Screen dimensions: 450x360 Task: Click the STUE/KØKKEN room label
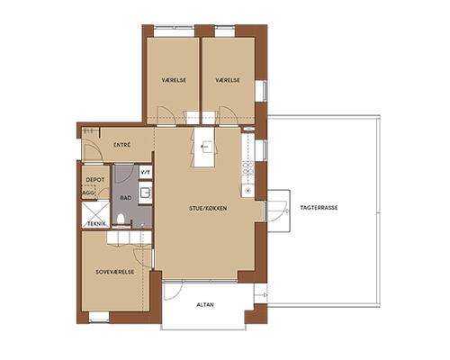click(x=208, y=208)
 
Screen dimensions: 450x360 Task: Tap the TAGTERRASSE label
click(x=319, y=208)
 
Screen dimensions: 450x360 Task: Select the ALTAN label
click(x=205, y=305)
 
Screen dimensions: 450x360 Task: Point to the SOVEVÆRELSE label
click(x=115, y=272)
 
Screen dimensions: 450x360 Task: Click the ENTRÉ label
click(x=122, y=145)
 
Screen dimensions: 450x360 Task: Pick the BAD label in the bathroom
click(x=126, y=198)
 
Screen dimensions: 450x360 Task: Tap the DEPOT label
click(x=95, y=180)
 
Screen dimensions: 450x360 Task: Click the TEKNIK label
click(x=96, y=224)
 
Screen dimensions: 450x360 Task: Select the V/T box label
click(x=146, y=173)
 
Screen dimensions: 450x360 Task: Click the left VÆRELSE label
click(x=174, y=80)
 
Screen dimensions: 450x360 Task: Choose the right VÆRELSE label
click(x=228, y=80)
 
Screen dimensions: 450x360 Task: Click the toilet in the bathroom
click(x=121, y=219)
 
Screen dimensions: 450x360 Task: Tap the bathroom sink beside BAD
click(x=146, y=193)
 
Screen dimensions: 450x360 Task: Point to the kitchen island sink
click(x=205, y=147)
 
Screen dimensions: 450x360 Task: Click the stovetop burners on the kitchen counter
click(x=247, y=168)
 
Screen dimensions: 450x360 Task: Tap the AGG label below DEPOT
click(x=88, y=193)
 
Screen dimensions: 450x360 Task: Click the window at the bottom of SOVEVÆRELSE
click(x=99, y=318)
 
